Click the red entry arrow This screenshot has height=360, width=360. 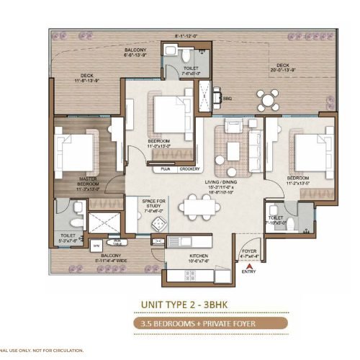click(248, 264)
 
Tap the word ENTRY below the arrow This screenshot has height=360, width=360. click(248, 272)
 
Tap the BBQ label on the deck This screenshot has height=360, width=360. click(227, 98)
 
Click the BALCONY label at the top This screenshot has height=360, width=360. click(138, 49)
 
